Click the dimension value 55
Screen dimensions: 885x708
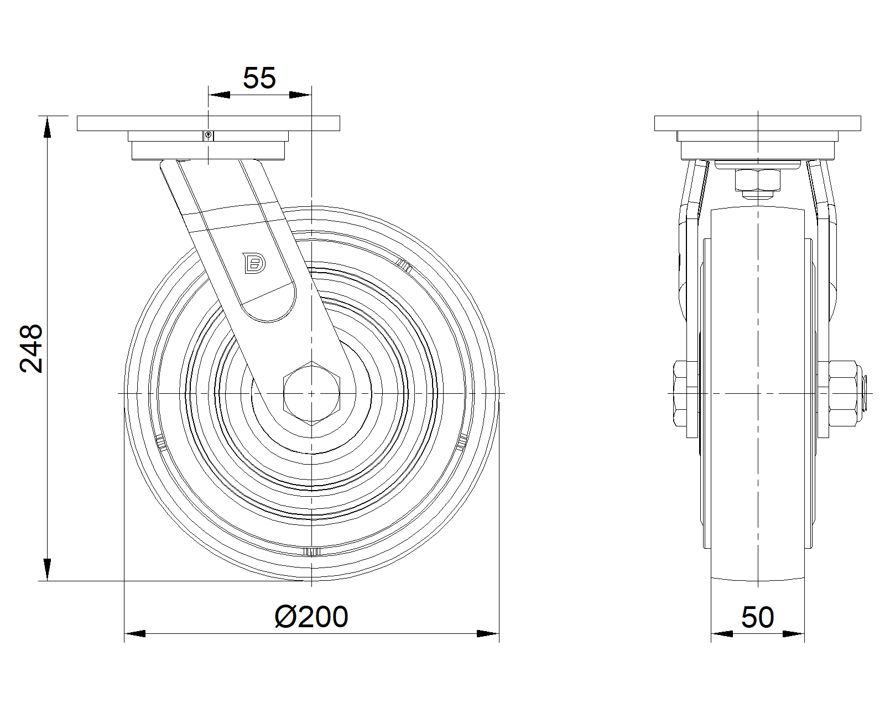tap(259, 78)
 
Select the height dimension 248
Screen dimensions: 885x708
tap(32, 348)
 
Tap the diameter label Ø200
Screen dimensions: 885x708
tap(311, 617)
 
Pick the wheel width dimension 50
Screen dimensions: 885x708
tap(758, 617)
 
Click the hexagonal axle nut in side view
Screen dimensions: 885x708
tap(312, 393)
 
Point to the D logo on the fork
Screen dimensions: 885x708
tap(254, 263)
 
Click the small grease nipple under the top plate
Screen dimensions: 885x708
tap(208, 136)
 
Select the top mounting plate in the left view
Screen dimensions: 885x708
tap(209, 123)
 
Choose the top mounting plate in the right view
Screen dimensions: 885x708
tap(758, 123)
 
